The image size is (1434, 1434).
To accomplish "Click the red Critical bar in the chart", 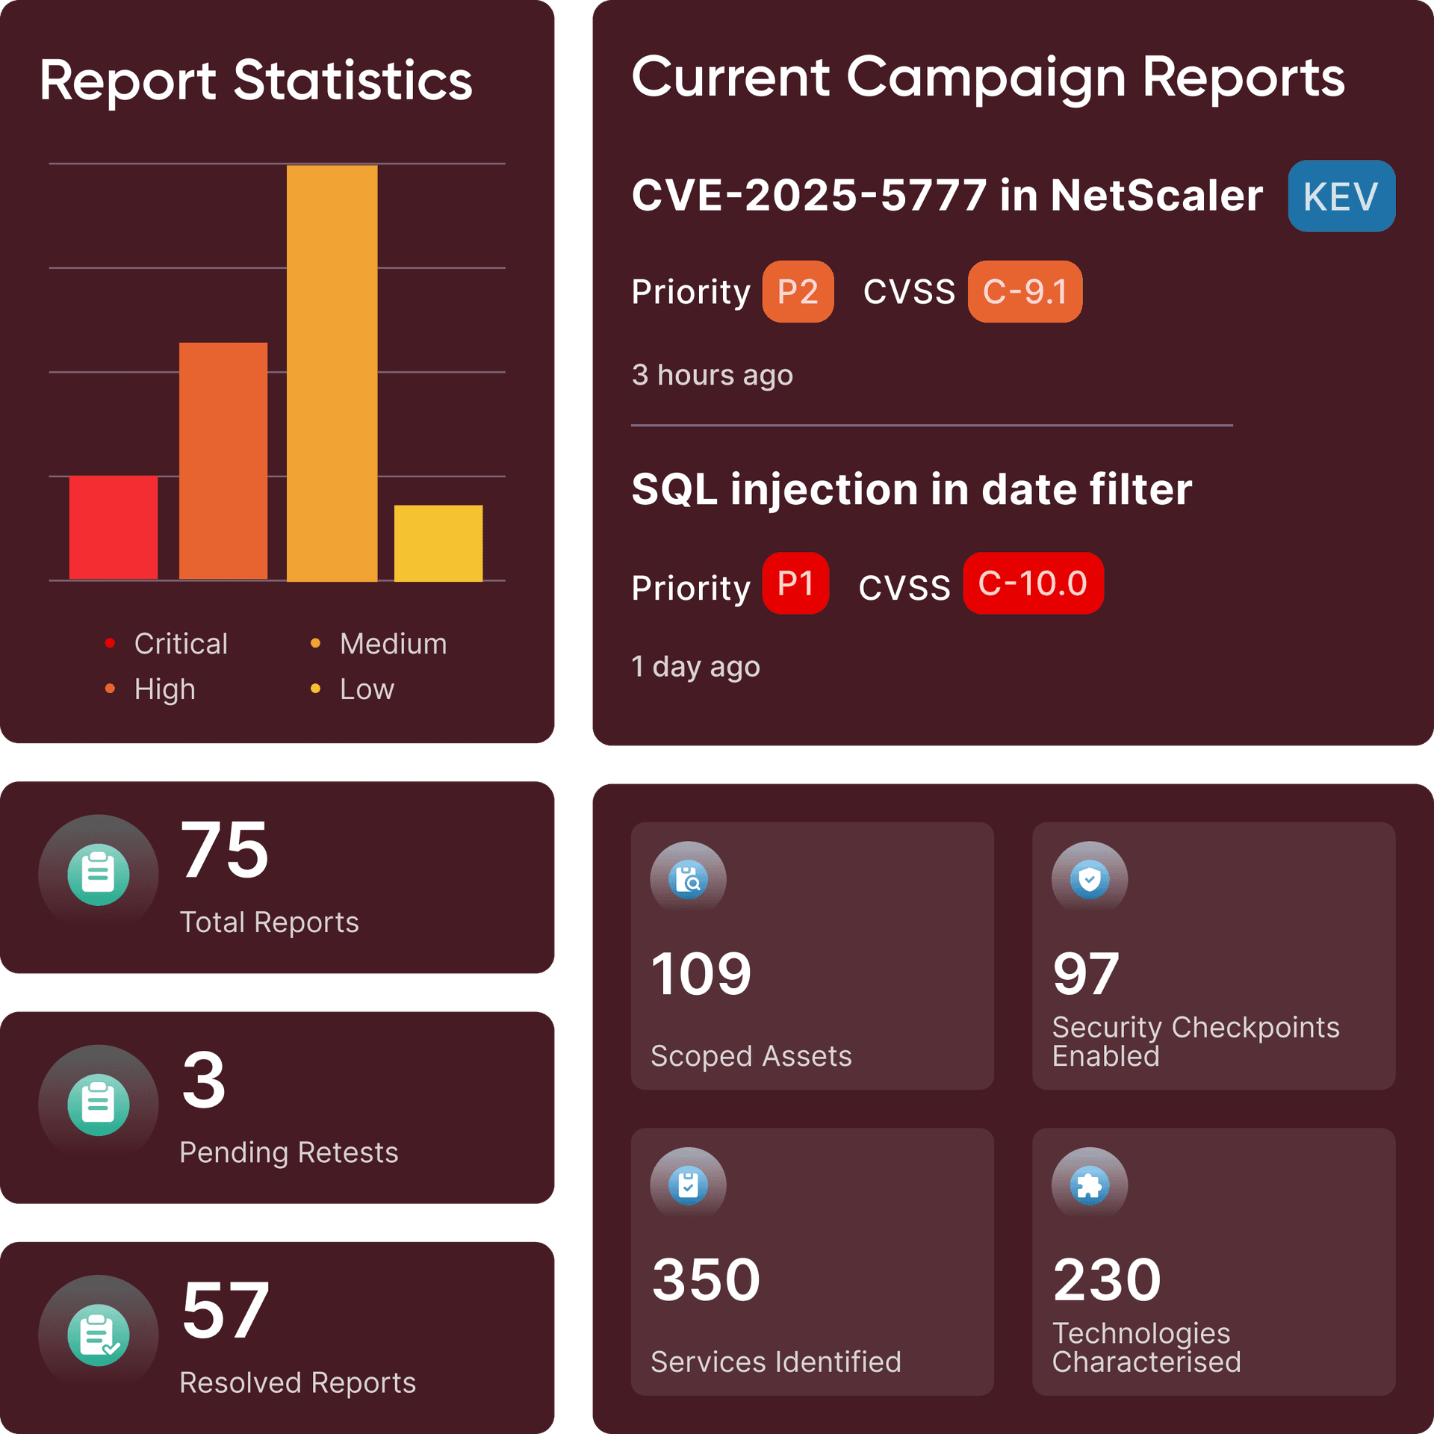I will click(114, 527).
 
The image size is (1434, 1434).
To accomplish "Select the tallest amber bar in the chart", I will click(332, 373).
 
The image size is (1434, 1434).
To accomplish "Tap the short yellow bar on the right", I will click(438, 543).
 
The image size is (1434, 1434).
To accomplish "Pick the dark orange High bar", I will click(223, 460).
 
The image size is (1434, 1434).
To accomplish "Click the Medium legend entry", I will click(392, 644).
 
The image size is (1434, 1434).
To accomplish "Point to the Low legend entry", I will click(366, 689).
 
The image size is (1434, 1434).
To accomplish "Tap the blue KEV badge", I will click(1341, 196).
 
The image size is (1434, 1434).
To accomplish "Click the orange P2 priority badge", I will click(797, 291).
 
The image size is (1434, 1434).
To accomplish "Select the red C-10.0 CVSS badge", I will click(1032, 583).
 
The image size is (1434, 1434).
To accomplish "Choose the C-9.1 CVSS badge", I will click(1024, 291).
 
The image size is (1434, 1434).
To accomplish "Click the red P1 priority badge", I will click(795, 583).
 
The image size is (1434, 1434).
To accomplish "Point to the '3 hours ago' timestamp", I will click(712, 375).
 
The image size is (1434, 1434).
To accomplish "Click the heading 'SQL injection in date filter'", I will click(911, 490).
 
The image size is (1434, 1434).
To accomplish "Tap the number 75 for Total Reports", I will click(224, 850).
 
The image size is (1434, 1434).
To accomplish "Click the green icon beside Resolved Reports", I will click(98, 1335).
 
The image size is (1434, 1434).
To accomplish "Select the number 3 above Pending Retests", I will click(203, 1080).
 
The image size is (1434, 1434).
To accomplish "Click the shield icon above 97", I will click(1089, 878).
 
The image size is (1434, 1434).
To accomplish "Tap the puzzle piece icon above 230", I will click(1089, 1185).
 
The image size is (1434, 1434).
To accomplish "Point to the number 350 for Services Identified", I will click(706, 1279).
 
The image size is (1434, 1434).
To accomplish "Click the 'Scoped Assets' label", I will click(751, 1056).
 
